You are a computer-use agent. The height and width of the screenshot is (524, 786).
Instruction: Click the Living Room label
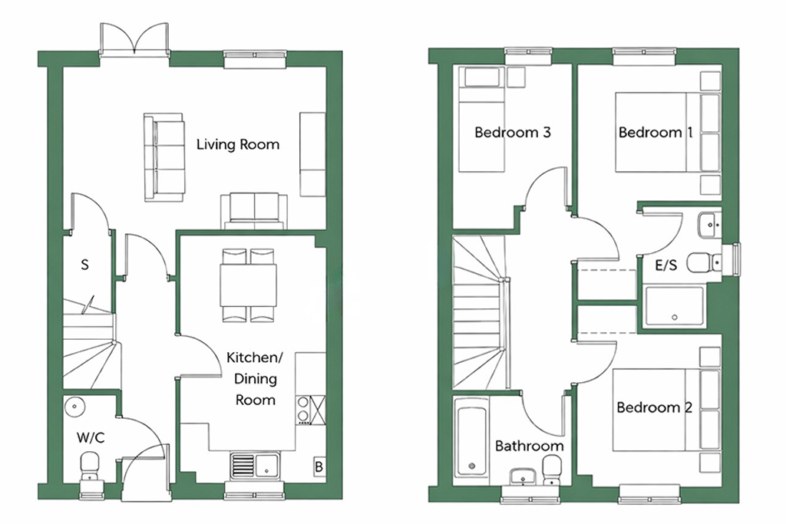click(x=238, y=145)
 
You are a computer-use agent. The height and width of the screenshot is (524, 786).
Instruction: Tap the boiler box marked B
click(x=319, y=467)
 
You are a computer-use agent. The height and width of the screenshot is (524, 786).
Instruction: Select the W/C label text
click(x=91, y=438)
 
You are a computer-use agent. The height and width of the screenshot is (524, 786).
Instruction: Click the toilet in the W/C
click(x=91, y=465)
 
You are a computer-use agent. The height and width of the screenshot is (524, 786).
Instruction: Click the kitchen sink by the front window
click(x=255, y=464)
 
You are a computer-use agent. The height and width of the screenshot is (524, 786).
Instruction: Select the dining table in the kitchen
click(x=248, y=285)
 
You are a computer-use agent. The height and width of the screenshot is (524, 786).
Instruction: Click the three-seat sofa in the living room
click(x=164, y=157)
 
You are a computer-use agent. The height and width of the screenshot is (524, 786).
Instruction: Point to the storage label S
click(x=84, y=265)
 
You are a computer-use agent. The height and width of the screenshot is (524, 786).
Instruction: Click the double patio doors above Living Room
click(x=134, y=38)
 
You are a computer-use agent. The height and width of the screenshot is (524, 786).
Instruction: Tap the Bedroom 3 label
click(x=512, y=132)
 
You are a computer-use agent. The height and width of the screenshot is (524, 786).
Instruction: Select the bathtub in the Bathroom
click(x=471, y=441)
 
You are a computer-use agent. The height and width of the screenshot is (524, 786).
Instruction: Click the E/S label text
click(x=666, y=265)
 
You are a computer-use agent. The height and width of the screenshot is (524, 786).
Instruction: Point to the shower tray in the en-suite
click(x=674, y=305)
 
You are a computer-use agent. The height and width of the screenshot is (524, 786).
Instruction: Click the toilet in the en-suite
click(x=704, y=262)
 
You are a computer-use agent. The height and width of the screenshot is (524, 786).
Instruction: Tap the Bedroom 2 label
click(x=654, y=407)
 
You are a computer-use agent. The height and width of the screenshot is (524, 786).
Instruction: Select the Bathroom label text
click(x=530, y=446)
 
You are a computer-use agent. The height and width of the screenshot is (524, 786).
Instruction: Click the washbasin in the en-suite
click(x=708, y=225)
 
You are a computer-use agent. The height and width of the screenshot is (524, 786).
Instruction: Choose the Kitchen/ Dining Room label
click(x=255, y=379)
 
